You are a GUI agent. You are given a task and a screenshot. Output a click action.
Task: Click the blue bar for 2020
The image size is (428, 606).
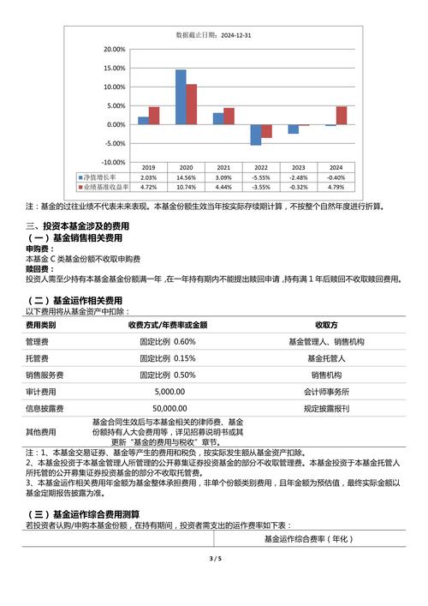181,97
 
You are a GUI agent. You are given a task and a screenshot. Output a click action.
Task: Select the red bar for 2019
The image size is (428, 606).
154,116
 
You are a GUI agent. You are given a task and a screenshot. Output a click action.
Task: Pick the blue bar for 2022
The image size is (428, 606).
255,135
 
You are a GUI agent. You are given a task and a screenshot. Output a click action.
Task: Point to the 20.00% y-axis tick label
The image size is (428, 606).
114,49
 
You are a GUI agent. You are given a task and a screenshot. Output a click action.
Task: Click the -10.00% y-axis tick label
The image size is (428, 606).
113,162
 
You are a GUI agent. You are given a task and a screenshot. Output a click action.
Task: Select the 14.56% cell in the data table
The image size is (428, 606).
186,177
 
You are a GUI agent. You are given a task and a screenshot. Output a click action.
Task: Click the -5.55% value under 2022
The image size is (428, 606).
261,177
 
